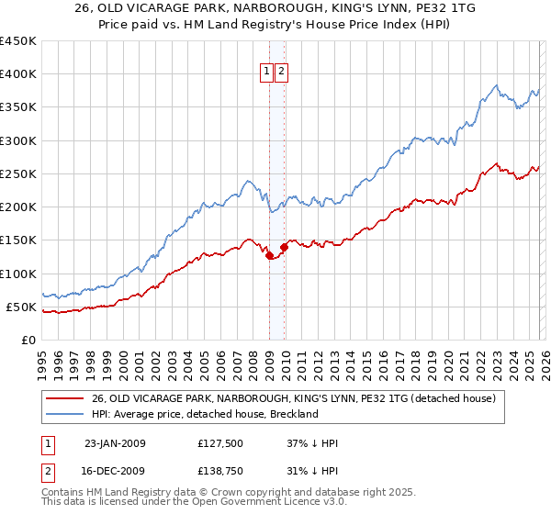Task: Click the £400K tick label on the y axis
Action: [17, 74]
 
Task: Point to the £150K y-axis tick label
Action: [17, 240]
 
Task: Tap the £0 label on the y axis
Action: [27, 340]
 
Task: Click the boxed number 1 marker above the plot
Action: [265, 72]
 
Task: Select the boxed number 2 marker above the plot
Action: [280, 72]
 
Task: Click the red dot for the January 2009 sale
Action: [269, 256]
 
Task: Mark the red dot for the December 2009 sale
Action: [284, 248]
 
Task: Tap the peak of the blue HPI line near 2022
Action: [497, 85]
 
